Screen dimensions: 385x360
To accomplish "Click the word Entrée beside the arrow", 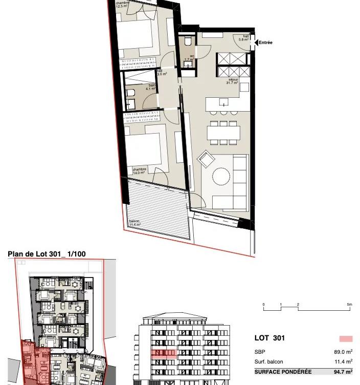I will [x=265, y=43].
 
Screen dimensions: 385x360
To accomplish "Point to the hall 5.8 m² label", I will [x=246, y=37].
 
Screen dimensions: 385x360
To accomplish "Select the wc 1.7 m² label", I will [x=190, y=58].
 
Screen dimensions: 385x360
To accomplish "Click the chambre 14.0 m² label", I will [x=139, y=171].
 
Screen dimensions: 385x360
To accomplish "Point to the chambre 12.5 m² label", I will [x=123, y=5].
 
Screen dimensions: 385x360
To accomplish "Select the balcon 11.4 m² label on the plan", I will [x=134, y=223].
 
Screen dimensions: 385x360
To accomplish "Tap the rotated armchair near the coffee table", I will [x=207, y=159].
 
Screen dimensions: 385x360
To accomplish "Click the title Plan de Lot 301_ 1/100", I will [x=47, y=254].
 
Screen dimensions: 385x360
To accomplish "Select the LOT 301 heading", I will [x=269, y=338].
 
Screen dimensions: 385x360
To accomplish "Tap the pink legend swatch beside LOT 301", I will [x=346, y=338].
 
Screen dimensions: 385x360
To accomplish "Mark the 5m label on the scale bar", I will [x=349, y=305].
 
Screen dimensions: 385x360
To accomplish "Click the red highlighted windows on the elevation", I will [x=164, y=353].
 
